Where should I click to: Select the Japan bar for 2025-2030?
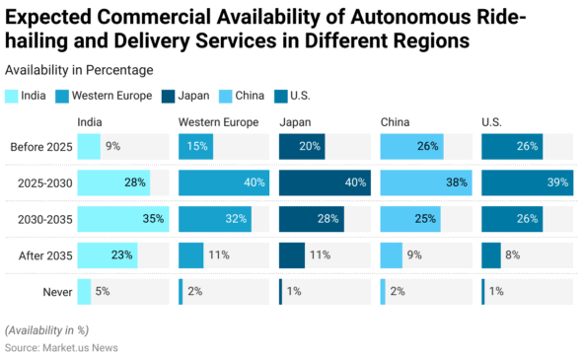[x=325, y=182]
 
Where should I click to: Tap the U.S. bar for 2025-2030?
[x=526, y=182]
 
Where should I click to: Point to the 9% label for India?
[x=113, y=147]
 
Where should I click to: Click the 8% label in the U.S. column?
[x=514, y=254]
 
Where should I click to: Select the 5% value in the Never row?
[x=104, y=291]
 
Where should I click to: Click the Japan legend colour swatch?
[x=169, y=96]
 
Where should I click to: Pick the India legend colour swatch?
[x=12, y=96]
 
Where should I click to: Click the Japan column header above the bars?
[x=295, y=122]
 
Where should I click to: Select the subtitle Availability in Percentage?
[x=79, y=69]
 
